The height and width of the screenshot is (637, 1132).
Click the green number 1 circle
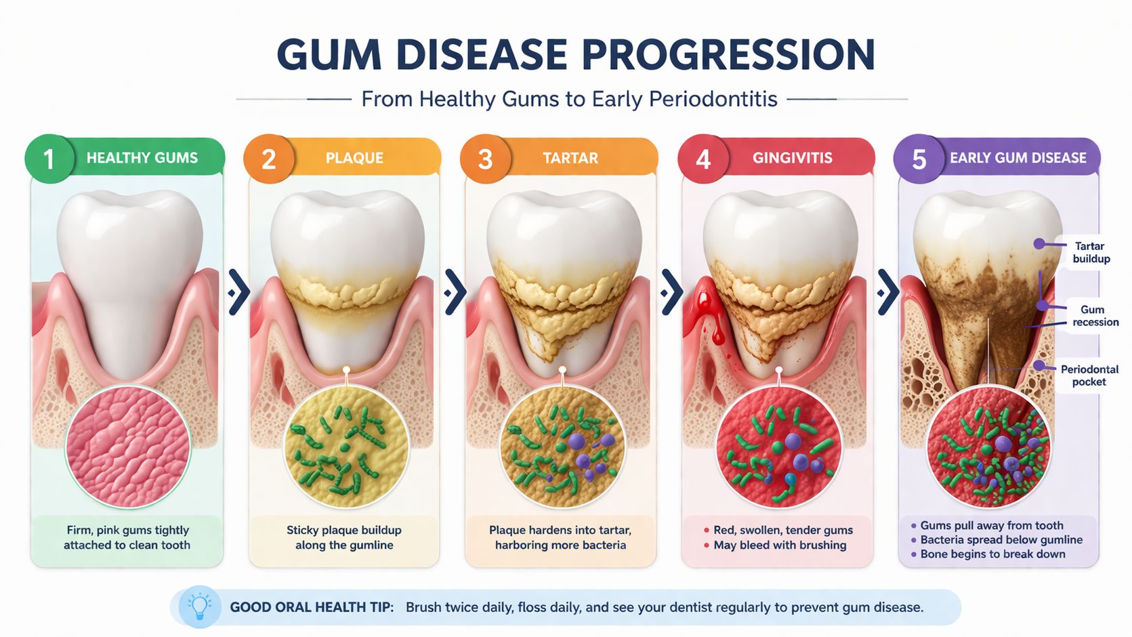click(49, 159)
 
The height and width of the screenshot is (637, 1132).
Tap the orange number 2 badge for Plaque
click(268, 159)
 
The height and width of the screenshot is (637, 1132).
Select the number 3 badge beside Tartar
click(485, 159)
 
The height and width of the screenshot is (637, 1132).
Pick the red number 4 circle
click(703, 159)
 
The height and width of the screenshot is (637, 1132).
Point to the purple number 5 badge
click(919, 159)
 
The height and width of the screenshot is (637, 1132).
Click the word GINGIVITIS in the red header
click(792, 158)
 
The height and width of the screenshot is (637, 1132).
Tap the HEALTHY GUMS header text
click(142, 158)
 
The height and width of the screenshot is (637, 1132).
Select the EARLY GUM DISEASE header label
click(1018, 158)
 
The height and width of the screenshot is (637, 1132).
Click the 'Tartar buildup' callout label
click(1091, 252)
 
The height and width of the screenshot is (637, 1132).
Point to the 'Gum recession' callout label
click(1095, 316)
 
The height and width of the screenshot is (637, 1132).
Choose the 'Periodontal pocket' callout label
click(1089, 375)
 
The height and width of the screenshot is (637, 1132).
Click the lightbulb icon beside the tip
click(200, 606)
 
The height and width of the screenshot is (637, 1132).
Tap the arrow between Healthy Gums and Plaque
click(238, 292)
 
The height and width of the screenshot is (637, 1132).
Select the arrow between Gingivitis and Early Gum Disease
click(887, 292)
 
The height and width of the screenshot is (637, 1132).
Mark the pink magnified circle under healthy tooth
click(127, 447)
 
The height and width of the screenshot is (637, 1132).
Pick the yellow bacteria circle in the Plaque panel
click(345, 447)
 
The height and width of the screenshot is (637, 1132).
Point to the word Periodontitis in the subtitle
click(713, 99)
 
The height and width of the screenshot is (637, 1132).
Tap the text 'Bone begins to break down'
click(992, 554)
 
